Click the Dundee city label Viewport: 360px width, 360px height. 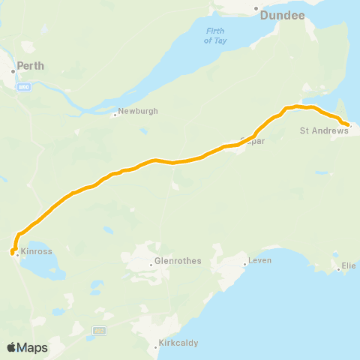(x=279, y=14)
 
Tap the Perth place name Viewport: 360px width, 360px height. (x=32, y=66)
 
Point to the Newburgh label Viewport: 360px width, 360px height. (x=138, y=112)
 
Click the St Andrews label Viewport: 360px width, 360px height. (x=324, y=130)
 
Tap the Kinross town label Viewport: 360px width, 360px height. (x=37, y=251)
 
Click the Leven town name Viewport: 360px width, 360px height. (x=261, y=260)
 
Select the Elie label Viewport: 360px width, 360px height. (x=349, y=266)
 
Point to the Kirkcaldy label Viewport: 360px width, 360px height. (x=178, y=344)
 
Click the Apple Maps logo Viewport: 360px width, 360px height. (x=27, y=347)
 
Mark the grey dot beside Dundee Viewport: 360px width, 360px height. (x=256, y=9)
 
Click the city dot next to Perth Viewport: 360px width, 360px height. (x=13, y=71)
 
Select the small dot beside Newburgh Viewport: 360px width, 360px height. (x=115, y=115)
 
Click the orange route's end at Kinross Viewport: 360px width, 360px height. (x=13, y=253)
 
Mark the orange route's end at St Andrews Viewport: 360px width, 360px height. (x=347, y=124)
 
